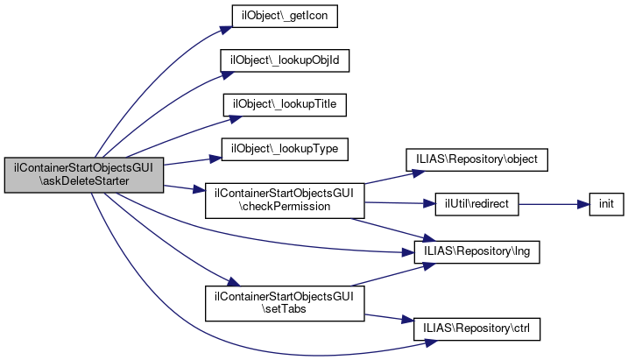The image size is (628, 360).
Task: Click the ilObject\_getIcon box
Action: (285, 16)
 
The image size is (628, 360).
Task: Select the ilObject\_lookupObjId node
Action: (285, 60)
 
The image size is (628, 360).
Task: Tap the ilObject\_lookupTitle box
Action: (285, 105)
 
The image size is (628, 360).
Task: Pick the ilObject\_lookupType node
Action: (285, 150)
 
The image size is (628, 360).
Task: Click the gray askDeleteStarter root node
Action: (84, 175)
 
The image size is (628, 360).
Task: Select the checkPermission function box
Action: (285, 201)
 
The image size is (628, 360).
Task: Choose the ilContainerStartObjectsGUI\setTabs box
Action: (285, 303)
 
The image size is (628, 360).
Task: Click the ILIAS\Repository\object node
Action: (476, 159)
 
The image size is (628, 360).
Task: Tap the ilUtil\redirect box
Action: (476, 204)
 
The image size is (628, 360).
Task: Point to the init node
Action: (606, 204)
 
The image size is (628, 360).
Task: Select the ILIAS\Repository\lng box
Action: (476, 252)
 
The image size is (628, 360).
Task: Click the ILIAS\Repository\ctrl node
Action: (476, 329)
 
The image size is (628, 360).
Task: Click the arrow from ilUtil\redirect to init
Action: (554, 205)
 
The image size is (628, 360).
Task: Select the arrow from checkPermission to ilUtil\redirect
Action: (399, 203)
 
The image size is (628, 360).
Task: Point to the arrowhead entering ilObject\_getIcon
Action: (226, 30)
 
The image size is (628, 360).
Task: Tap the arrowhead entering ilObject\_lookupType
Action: (215, 159)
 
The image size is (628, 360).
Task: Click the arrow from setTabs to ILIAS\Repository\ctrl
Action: (389, 318)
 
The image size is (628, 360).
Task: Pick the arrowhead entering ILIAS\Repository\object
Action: (418, 173)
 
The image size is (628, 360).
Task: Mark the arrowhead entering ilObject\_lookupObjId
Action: (228, 74)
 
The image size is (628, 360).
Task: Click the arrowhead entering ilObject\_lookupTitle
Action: (236, 119)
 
